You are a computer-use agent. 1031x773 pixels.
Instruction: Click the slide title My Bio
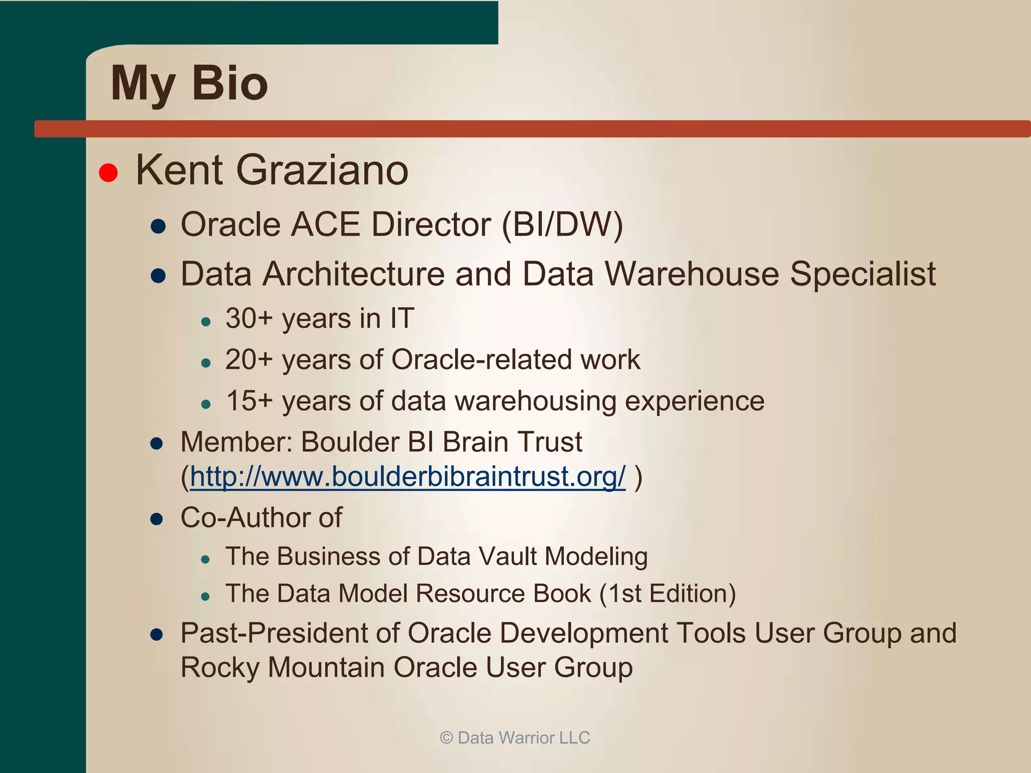click(189, 84)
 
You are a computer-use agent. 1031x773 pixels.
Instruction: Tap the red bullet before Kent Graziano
click(108, 172)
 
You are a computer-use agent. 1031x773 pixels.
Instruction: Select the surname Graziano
click(322, 170)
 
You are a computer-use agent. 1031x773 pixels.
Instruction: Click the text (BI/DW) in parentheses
click(562, 224)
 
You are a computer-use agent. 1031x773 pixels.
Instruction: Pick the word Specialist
click(862, 274)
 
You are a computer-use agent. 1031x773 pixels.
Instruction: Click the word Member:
click(236, 442)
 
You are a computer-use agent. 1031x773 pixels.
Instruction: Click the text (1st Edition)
click(668, 593)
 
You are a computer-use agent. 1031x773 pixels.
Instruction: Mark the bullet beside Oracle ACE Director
click(158, 226)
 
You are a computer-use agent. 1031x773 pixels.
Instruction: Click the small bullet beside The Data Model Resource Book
click(205, 597)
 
